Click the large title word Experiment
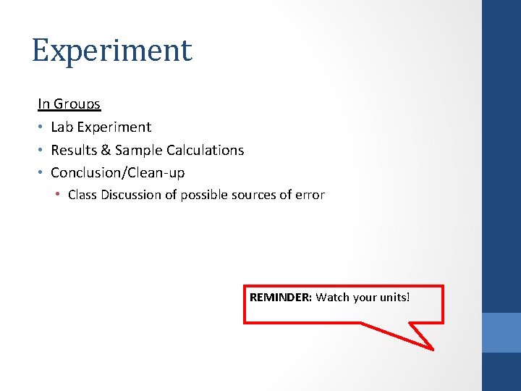tap(112, 51)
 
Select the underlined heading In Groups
tap(69, 104)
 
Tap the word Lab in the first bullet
tap(62, 127)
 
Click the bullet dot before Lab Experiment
tap(41, 127)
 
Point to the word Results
tap(75, 150)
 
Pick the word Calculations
tap(206, 150)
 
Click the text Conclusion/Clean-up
tap(117, 172)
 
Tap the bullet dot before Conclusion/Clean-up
tap(41, 173)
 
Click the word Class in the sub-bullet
tap(82, 195)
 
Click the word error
tap(309, 195)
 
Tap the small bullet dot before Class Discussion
tap(59, 195)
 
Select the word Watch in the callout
tap(332, 297)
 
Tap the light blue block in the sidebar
tap(501, 332)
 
